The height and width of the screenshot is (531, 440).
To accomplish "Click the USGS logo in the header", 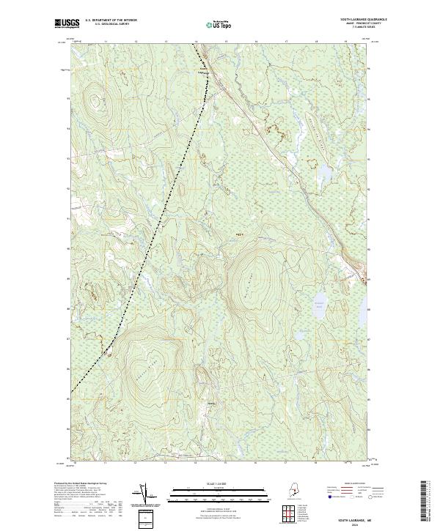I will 65,23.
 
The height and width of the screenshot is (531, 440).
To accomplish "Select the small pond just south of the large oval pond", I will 302,337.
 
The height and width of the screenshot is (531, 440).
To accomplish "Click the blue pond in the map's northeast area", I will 323,173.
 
